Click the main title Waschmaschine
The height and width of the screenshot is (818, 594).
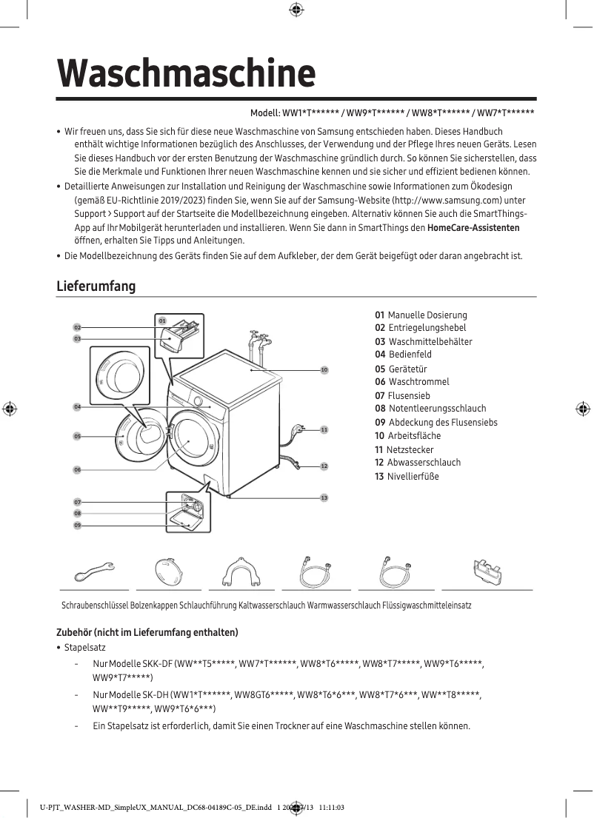click(187, 73)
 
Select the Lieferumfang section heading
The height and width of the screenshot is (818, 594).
click(96, 286)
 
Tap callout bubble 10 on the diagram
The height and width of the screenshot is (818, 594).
click(324, 369)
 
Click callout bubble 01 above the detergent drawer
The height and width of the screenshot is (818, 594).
click(162, 321)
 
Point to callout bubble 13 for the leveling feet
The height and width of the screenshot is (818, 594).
click(324, 497)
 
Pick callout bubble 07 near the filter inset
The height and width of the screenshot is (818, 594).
click(77, 503)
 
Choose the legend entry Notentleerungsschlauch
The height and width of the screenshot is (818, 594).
click(430, 409)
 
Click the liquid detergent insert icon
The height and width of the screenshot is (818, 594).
click(486, 571)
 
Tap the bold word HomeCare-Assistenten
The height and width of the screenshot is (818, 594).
click(473, 228)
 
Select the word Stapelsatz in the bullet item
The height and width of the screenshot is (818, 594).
click(85, 648)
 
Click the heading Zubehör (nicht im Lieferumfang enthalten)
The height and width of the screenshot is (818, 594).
click(147, 632)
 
